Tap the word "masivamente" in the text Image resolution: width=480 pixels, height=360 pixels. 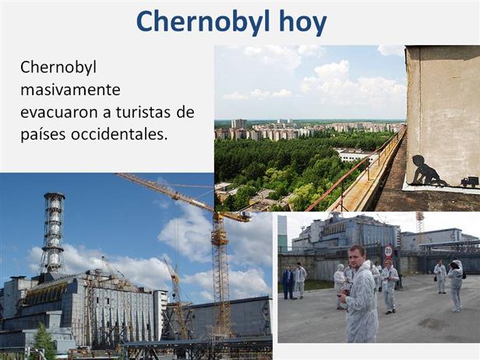click(70, 90)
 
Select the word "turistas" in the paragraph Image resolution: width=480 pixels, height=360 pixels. click(139, 112)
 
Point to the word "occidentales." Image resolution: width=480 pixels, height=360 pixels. click(119, 134)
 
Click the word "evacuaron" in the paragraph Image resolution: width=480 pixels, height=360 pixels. click(60, 113)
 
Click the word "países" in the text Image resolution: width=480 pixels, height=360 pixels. click(43, 135)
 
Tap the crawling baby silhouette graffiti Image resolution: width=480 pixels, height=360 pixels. click(427, 171)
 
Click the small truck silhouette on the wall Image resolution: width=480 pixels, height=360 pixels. click(470, 182)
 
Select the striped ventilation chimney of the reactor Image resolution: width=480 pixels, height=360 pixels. click(53, 233)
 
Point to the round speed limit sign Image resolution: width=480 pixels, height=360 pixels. click(388, 251)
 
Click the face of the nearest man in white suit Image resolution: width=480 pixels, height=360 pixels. click(357, 256)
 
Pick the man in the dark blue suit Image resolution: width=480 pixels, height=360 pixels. click(288, 282)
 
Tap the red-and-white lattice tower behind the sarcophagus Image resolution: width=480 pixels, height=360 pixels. click(420, 221)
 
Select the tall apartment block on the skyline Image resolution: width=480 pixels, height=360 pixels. click(239, 124)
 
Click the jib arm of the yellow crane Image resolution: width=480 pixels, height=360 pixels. click(181, 195)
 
